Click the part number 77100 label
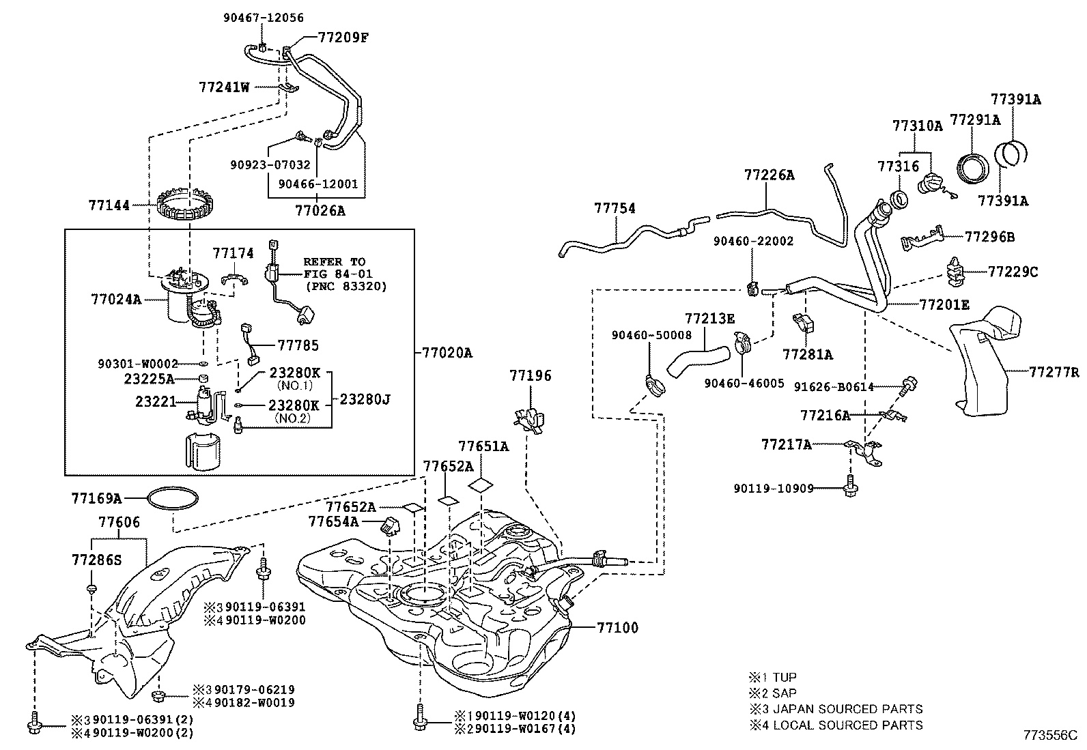coord(617,627)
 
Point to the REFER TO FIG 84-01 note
coord(345,274)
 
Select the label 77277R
coord(1054,372)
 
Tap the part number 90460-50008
coord(651,335)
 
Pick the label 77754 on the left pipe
coord(614,207)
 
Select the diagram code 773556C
coord(1049,735)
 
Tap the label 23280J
coord(365,399)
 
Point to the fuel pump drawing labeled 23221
coord(203,403)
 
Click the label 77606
coord(119,523)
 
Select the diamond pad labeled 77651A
coord(481,485)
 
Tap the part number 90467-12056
coord(264,18)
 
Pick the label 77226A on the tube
coord(769,175)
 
